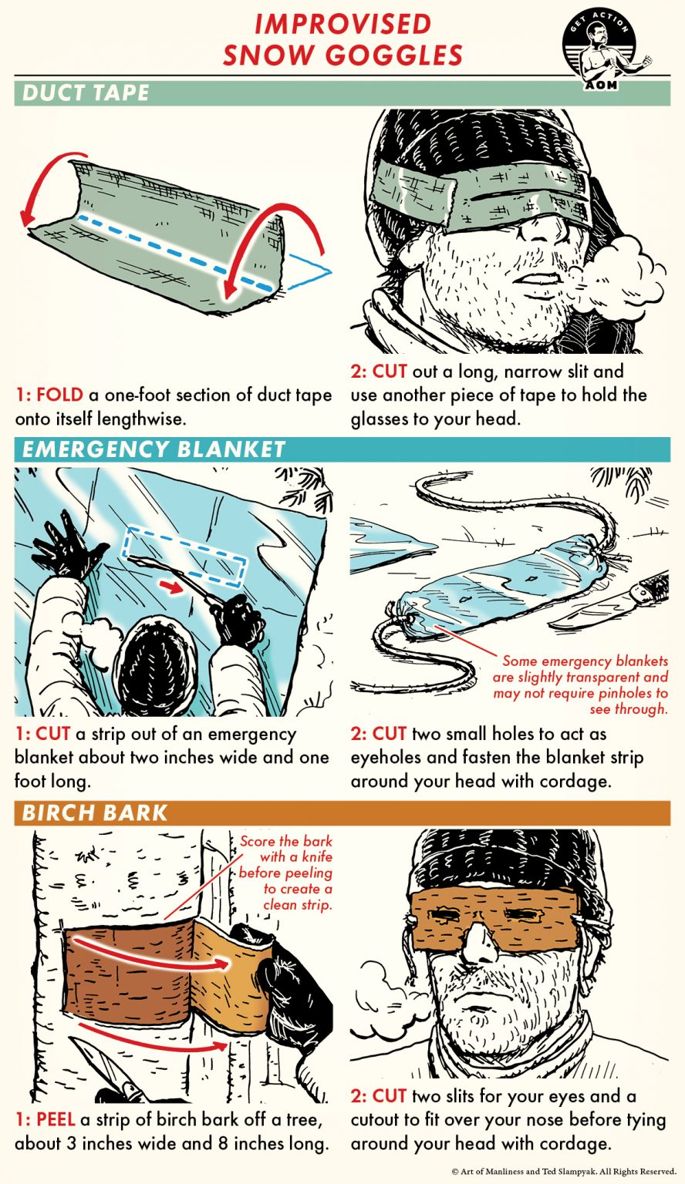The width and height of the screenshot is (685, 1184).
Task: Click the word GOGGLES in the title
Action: pos(343,55)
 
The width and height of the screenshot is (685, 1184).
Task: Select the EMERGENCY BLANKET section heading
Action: pos(154,449)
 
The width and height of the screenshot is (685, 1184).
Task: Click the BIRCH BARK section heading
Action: pos(95,812)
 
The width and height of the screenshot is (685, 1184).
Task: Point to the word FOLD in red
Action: pos(61,395)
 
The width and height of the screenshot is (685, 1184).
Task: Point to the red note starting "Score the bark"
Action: pos(285,873)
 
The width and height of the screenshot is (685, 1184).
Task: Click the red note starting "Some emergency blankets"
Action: pos(582,685)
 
